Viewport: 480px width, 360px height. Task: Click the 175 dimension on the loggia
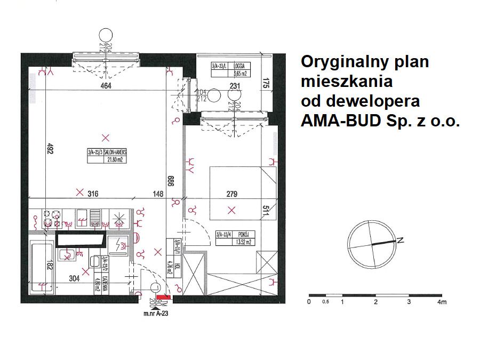pos(265,84)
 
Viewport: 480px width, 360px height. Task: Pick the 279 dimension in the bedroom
pos(231,194)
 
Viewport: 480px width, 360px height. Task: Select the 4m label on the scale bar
pos(441,302)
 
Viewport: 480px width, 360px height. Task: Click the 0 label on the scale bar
pos(309,302)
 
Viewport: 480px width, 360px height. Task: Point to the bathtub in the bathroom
pos(42,266)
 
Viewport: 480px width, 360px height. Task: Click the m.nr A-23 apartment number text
pos(156,315)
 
